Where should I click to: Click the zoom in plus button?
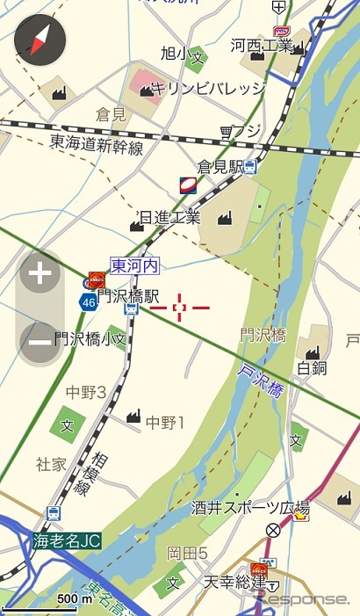pyautogui.click(x=40, y=275)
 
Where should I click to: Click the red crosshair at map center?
pyautogui.click(x=180, y=308)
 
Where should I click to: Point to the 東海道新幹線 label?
pyautogui.click(x=96, y=144)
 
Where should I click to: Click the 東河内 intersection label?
pyautogui.click(x=133, y=265)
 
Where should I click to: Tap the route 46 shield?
pyautogui.click(x=88, y=301)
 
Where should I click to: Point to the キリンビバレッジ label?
pyautogui.click(x=207, y=88)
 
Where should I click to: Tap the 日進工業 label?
pyautogui.click(x=169, y=217)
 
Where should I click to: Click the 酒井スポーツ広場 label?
pyautogui.click(x=250, y=508)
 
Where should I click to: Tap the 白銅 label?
pyautogui.click(x=311, y=366)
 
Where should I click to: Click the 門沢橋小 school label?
pyautogui.click(x=90, y=337)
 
